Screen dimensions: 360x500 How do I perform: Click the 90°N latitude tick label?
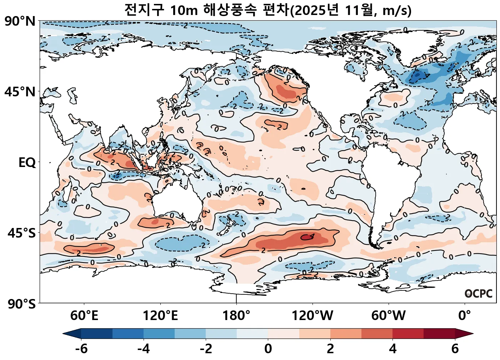pyautogui.click(x=20, y=21)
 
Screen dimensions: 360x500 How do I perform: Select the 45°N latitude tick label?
pyautogui.click(x=20, y=92)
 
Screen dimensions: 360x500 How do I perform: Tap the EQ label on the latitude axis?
pyautogui.click(x=27, y=163)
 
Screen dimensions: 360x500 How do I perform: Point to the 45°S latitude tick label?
pyautogui.click(x=21, y=233)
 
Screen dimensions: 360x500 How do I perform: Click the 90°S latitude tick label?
pyautogui.click(x=21, y=304)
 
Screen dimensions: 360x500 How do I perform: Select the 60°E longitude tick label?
pyautogui.click(x=84, y=316)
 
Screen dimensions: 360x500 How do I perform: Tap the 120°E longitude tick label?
pyautogui.click(x=160, y=316)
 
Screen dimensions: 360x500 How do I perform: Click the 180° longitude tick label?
pyautogui.click(x=236, y=316)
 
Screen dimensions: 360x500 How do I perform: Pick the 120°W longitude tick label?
pyautogui.click(x=312, y=316)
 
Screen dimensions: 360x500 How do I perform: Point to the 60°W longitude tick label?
pyautogui.click(x=388, y=316)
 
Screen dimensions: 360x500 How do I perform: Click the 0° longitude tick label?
pyautogui.click(x=464, y=316)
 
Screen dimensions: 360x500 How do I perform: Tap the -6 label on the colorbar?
pyautogui.click(x=81, y=349)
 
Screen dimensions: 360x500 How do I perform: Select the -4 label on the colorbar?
pyautogui.click(x=144, y=349)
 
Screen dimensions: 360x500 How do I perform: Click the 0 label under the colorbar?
pyautogui.click(x=268, y=349)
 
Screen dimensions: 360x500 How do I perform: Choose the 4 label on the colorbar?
pyautogui.click(x=392, y=349)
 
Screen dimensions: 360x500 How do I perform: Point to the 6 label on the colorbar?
pyautogui.click(x=455, y=349)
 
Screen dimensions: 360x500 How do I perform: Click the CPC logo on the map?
pyautogui.click(x=479, y=294)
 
